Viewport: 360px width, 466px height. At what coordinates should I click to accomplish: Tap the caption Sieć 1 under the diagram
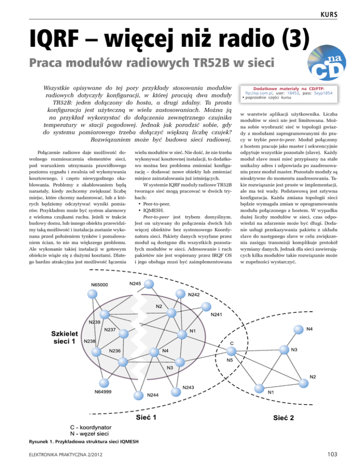coord(146,417)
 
